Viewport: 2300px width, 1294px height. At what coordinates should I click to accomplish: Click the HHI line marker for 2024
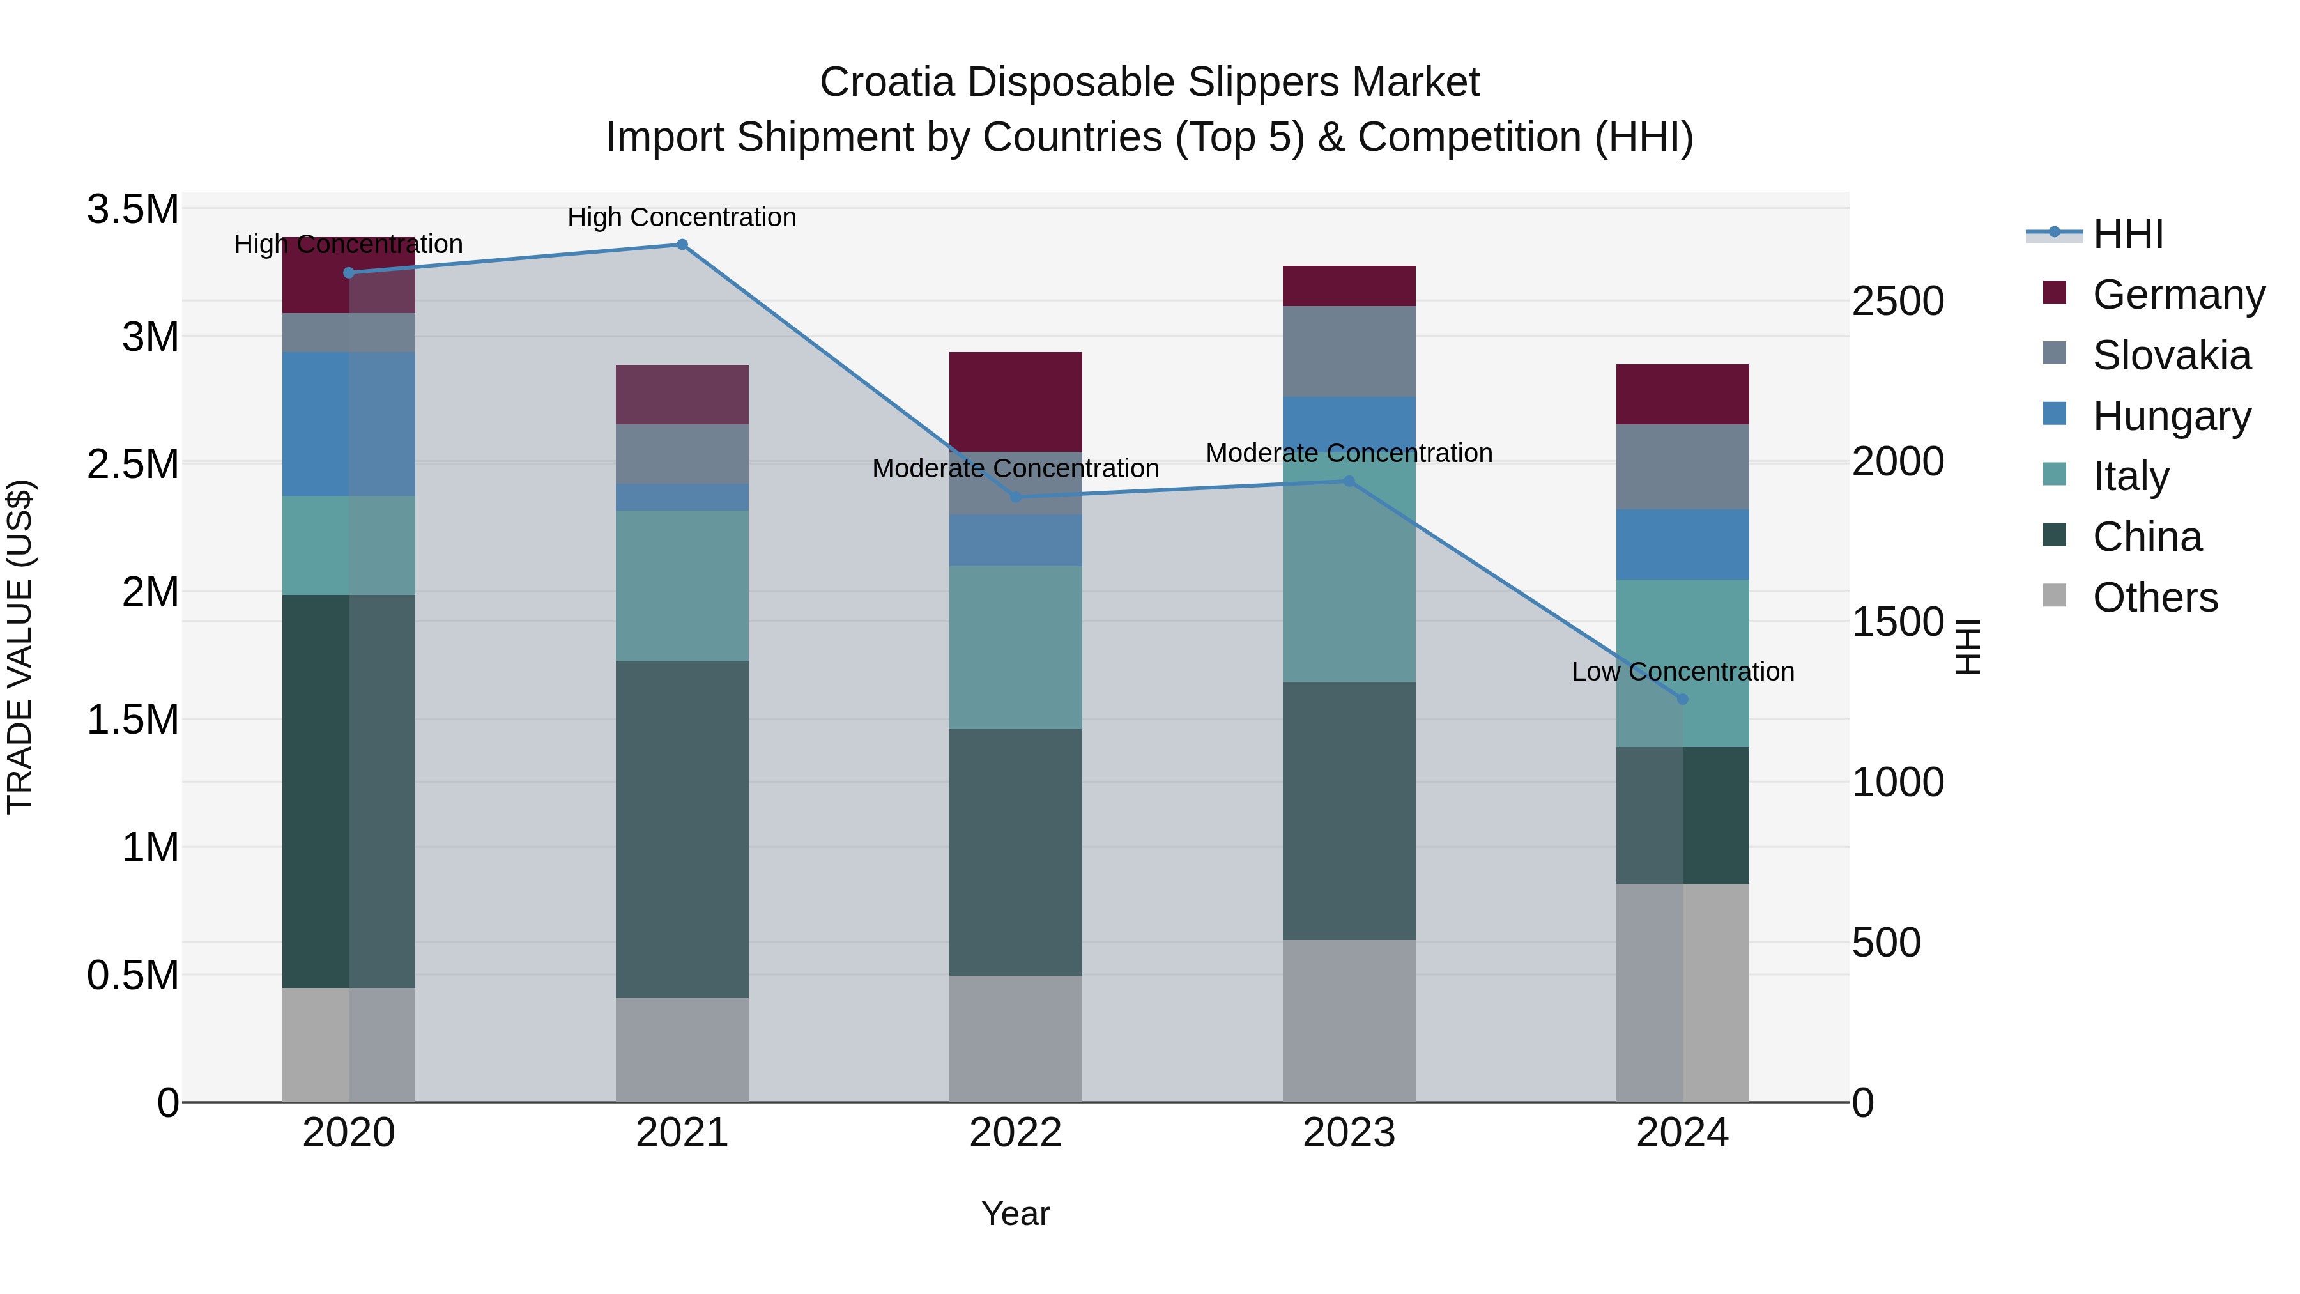coord(1683,699)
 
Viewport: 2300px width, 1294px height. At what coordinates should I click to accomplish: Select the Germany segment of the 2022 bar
coord(1015,402)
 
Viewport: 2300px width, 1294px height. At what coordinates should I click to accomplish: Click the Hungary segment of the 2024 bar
coord(1683,544)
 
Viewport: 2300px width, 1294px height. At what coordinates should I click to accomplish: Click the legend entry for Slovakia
coord(2170,355)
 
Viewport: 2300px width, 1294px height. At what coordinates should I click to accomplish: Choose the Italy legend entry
coord(2130,476)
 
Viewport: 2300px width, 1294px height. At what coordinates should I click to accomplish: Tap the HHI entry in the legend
coord(2127,234)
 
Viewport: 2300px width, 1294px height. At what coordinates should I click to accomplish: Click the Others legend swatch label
coord(2154,597)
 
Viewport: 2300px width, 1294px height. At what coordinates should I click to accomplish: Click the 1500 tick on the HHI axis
coord(1897,622)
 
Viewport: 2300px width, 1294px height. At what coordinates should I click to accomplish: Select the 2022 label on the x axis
coord(1015,1133)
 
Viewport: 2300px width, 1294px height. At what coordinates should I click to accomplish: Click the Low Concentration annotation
coord(1683,672)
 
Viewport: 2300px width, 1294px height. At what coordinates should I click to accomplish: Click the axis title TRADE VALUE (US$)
coord(20,647)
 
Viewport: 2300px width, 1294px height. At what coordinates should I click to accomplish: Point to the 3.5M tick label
coord(133,210)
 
